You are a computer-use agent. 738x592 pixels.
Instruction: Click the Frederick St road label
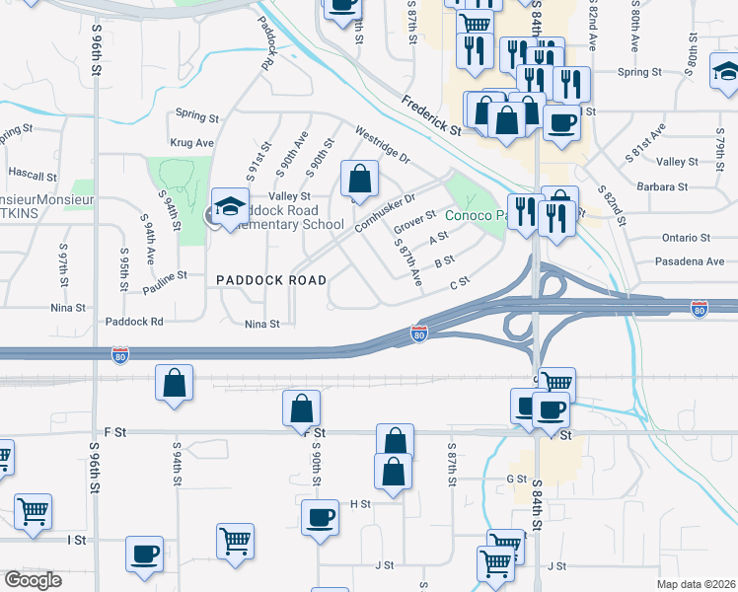pyautogui.click(x=432, y=115)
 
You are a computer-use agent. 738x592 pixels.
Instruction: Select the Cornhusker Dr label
pyautogui.click(x=386, y=206)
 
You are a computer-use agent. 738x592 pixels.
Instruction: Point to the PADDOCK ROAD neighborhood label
pyautogui.click(x=271, y=280)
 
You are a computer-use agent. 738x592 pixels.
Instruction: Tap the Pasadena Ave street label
pyautogui.click(x=690, y=261)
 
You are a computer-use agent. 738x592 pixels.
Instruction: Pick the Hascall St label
pyautogui.click(x=33, y=176)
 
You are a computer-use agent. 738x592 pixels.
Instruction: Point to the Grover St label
pyautogui.click(x=414, y=222)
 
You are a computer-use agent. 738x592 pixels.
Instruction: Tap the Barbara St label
pyautogui.click(x=662, y=186)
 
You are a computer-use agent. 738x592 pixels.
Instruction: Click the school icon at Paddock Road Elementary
pyautogui.click(x=230, y=206)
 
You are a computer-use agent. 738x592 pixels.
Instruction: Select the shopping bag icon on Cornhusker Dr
pyautogui.click(x=360, y=180)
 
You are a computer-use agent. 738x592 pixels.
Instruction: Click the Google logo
pyautogui.click(x=32, y=580)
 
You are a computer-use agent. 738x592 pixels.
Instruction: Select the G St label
pyautogui.click(x=517, y=479)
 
